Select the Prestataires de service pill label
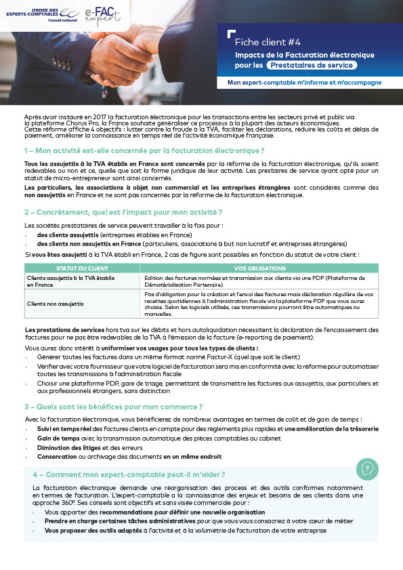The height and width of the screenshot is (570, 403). pos(311,65)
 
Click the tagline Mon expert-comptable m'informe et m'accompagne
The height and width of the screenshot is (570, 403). pos(304,83)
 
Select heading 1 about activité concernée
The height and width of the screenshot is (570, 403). pos(144,150)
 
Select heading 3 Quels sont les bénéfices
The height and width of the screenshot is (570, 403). pos(113,407)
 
